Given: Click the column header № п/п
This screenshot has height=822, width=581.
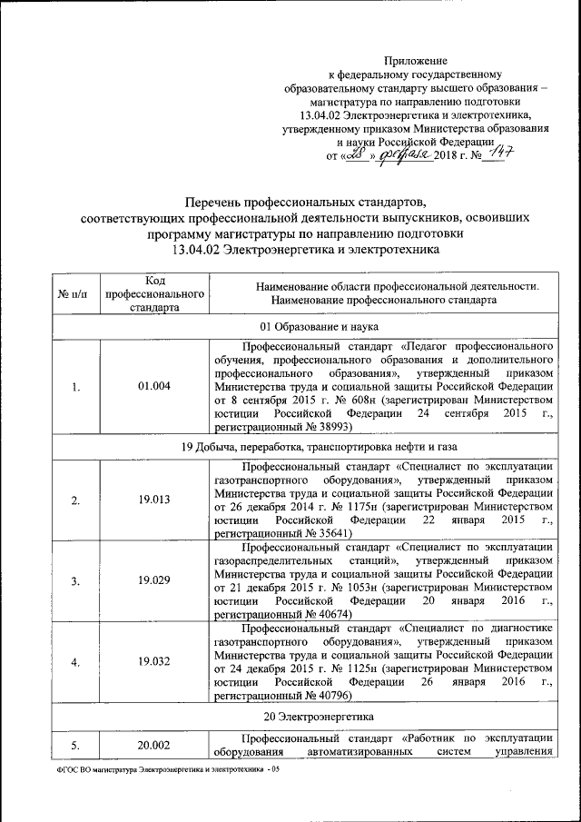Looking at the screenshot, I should [x=73, y=292].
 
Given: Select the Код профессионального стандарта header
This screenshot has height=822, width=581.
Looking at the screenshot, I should [x=153, y=292].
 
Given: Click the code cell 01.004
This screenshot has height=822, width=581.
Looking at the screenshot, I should [x=153, y=387].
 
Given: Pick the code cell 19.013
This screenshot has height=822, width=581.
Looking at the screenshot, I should [x=153, y=499].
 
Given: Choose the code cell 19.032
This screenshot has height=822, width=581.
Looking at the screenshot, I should [x=153, y=660].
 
